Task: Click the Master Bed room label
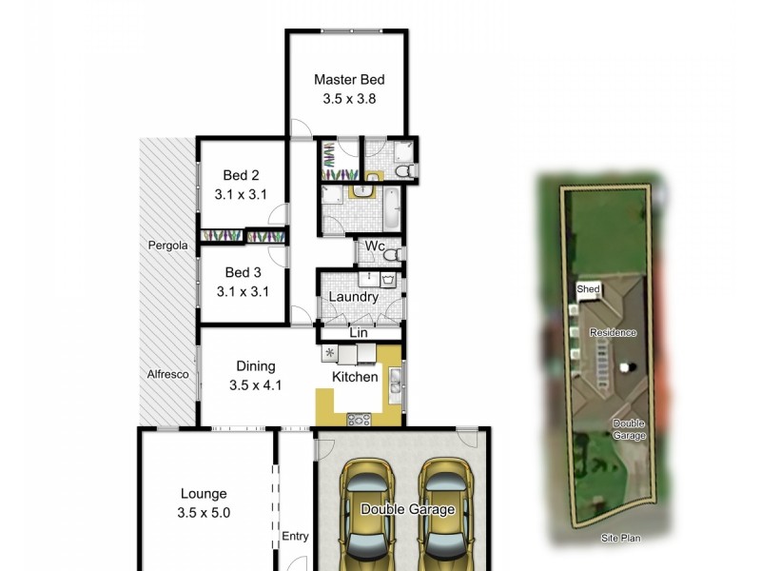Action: [x=349, y=80]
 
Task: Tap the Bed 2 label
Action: [x=241, y=175]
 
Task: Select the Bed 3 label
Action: [x=241, y=273]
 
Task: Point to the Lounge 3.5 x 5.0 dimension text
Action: [x=204, y=512]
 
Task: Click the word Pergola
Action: [x=167, y=246]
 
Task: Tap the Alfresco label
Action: [x=167, y=374]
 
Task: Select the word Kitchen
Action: [x=355, y=377]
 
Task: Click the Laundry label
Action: [x=353, y=297]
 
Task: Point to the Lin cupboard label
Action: [x=359, y=332]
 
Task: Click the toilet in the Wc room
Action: [x=390, y=253]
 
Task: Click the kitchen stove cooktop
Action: [x=361, y=418]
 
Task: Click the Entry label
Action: [x=295, y=537]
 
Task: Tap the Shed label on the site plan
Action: [x=588, y=288]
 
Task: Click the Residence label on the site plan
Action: [x=612, y=332]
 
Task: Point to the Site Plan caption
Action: [x=620, y=538]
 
